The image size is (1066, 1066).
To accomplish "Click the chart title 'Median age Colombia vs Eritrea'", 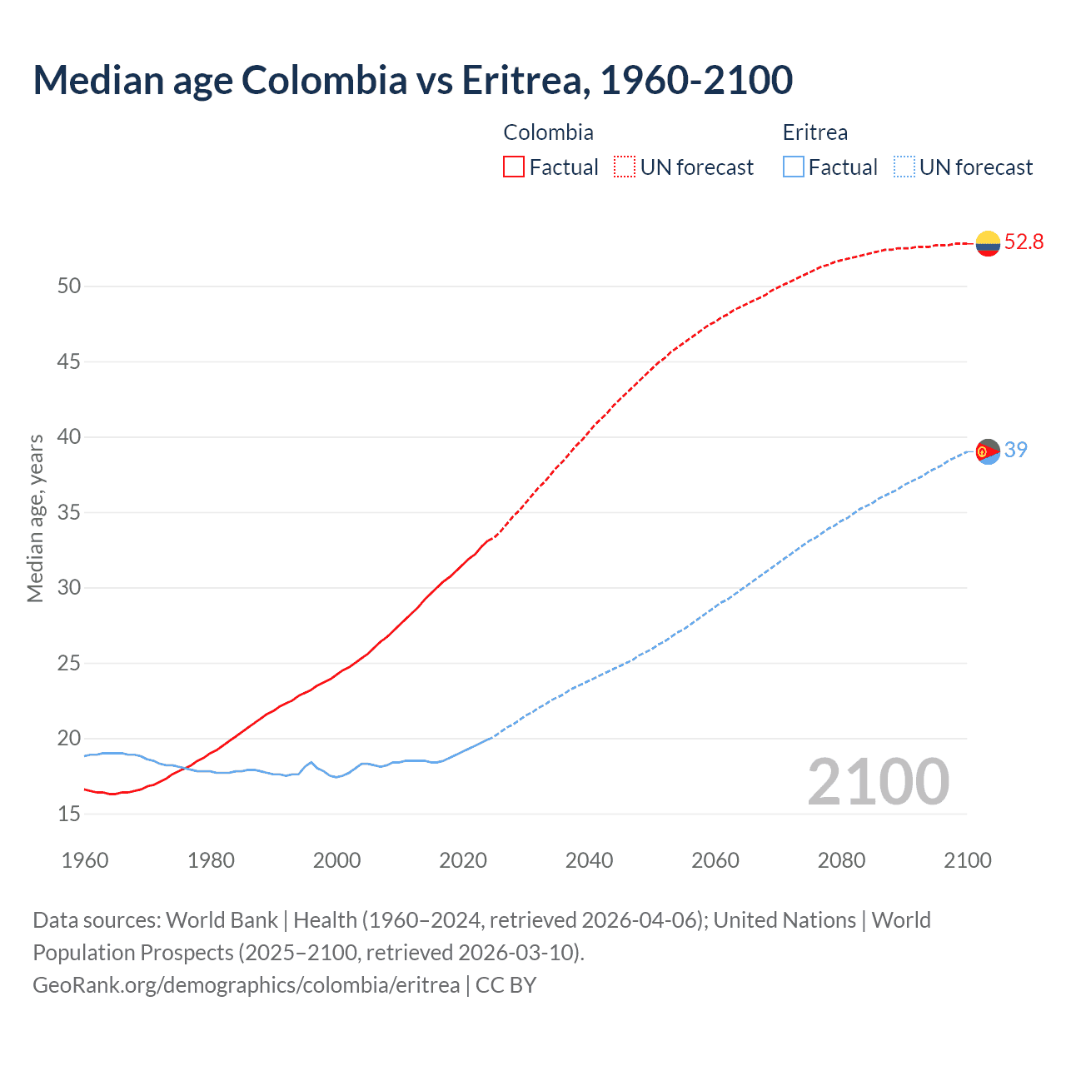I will point(412,80).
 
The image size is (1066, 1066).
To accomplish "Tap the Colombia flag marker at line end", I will point(988,243).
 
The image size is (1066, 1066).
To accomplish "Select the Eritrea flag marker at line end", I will point(988,451).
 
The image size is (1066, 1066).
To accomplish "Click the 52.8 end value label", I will point(1024,242).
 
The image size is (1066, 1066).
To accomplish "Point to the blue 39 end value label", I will point(1016,450).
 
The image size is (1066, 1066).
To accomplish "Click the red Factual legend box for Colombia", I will point(514,167).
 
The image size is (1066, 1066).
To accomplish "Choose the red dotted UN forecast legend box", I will point(625,167).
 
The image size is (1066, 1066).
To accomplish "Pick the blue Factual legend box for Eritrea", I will point(794,167).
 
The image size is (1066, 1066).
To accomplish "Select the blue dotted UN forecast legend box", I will point(904,167).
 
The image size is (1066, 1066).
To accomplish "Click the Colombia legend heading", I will point(548,132).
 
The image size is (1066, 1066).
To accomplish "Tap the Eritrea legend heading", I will point(814,132).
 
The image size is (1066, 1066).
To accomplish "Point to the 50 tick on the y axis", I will point(69,286).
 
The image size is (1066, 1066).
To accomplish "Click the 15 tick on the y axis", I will point(69,814).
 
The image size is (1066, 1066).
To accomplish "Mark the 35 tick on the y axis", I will point(69,512).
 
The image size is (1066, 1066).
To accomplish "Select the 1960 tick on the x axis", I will point(85,860).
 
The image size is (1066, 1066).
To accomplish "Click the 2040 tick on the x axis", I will point(589,860).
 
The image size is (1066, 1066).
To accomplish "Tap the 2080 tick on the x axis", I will point(841,860).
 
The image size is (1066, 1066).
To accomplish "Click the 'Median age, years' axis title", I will point(35,518).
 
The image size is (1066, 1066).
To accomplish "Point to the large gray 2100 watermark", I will point(878,781).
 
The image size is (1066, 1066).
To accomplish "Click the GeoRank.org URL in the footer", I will point(246,985).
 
